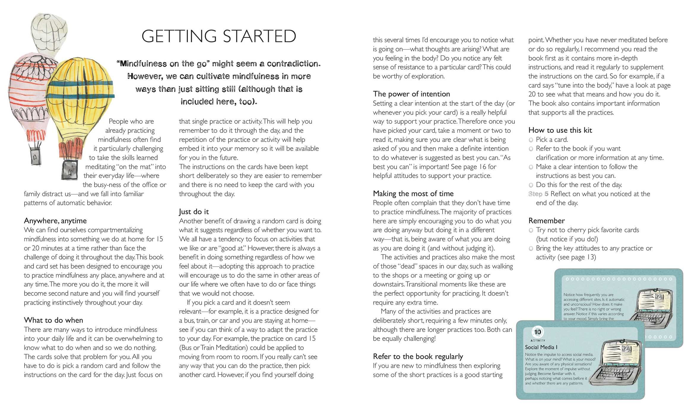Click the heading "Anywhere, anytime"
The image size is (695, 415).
pos(55,221)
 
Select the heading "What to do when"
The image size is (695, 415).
pos(53,320)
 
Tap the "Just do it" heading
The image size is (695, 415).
pos(194,212)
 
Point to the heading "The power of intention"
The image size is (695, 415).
pos(411,94)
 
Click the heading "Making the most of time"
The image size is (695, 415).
pos(413,194)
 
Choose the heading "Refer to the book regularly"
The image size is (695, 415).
pos(418,357)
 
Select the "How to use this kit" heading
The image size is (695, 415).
pos(560,130)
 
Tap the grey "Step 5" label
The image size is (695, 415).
pos(538,194)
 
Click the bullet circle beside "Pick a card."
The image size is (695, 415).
pos(531,140)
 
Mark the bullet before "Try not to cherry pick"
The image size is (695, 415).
pos(531,230)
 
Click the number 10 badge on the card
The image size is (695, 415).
pos(537,332)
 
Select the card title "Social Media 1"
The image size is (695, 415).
pos(541,347)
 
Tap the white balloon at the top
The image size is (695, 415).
pos(50,30)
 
